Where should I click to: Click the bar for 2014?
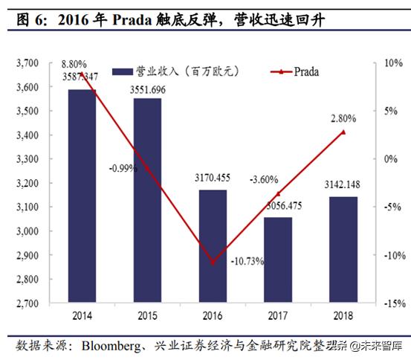tap(82, 196)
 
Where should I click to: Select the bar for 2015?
tap(147, 201)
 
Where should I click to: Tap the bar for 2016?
tap(213, 246)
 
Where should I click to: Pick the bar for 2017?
tap(278, 260)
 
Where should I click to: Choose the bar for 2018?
tap(343, 250)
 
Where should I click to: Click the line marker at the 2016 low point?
tap(214, 263)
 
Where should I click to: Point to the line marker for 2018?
tap(343, 132)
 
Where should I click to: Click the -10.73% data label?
tap(246, 261)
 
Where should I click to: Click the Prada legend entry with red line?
tap(296, 71)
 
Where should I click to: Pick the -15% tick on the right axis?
tap(393, 303)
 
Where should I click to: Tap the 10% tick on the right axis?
tap(392, 64)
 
